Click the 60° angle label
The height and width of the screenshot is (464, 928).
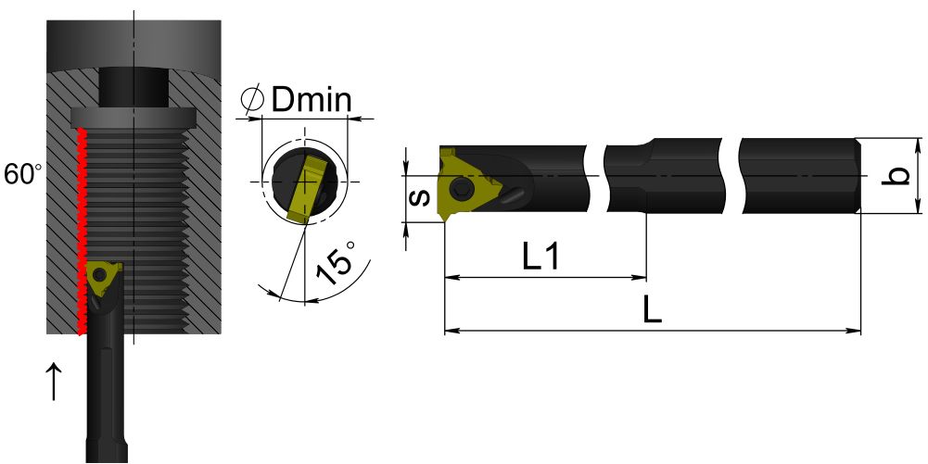pyautogui.click(x=23, y=175)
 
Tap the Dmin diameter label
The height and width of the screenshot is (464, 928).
pyautogui.click(x=311, y=99)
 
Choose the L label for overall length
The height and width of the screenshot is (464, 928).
pyautogui.click(x=653, y=309)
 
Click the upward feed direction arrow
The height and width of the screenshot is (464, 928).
pyautogui.click(x=54, y=382)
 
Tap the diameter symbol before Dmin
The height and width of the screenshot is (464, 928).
pyautogui.click(x=252, y=99)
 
